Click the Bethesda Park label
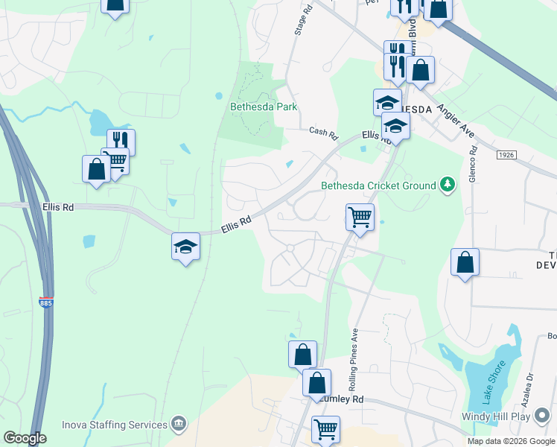(263, 107)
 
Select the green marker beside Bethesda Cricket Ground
(447, 183)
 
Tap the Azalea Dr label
(531, 387)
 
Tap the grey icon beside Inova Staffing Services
(179, 424)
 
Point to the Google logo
(25, 438)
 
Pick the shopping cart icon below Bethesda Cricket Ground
(360, 218)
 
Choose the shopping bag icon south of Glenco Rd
(465, 262)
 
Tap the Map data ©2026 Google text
(510, 441)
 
